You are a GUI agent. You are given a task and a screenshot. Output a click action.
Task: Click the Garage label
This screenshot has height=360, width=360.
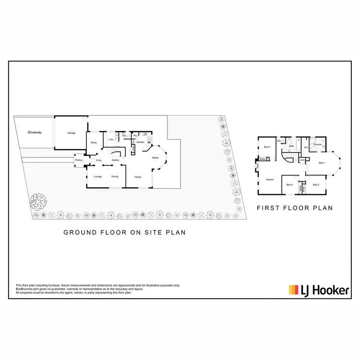tap(72, 132)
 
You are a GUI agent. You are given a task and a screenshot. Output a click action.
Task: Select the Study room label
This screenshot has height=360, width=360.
tap(94, 142)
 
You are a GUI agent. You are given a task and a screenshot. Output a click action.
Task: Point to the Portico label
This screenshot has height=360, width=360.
tap(79, 160)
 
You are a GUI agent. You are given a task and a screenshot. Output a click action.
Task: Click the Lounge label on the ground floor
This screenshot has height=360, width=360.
tap(97, 177)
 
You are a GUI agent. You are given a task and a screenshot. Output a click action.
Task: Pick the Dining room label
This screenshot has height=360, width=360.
tap(115, 177)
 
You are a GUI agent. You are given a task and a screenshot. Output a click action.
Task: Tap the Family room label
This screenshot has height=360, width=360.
tap(138, 177)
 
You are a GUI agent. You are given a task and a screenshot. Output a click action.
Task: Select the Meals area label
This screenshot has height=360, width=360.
tap(155, 157)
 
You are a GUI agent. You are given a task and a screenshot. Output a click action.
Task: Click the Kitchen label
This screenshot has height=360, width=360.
tap(141, 142)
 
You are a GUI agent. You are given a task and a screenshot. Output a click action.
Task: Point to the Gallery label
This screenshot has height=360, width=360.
tap(116, 160)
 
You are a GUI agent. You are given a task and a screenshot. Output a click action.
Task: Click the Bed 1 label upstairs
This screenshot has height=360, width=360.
tap(322, 163)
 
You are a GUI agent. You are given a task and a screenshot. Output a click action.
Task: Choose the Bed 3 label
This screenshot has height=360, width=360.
tap(267, 147)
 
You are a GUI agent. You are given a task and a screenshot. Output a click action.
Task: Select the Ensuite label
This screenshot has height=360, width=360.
tap(317, 144)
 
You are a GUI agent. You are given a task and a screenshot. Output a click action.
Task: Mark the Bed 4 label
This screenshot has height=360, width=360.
tap(289, 184)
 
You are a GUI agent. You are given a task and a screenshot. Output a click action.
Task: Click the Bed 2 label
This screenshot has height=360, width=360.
tap(316, 184)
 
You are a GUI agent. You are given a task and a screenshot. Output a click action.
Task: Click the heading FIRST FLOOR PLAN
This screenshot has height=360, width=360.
tap(295, 208)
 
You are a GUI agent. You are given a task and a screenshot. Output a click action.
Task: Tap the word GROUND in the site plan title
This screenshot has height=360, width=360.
tap(79, 232)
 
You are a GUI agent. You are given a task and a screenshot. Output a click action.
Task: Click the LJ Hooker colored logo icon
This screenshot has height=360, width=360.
tap(293, 290)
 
